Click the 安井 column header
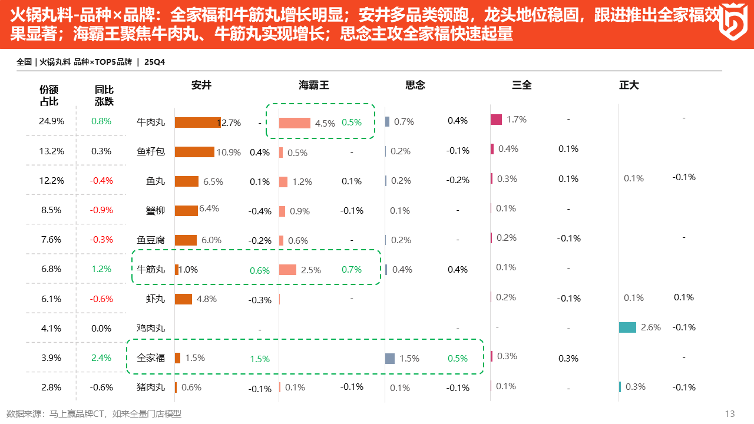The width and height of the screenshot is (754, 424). click(201, 85)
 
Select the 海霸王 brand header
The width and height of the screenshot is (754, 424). click(313, 85)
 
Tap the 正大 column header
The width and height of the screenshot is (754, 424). click(629, 85)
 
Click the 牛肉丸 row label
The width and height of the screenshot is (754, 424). click(151, 122)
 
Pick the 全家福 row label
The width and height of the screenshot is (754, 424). click(151, 357)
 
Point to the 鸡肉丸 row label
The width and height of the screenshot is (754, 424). click(151, 328)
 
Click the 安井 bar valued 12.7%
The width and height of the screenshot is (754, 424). click(197, 122)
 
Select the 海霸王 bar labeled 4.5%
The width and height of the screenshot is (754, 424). click(295, 122)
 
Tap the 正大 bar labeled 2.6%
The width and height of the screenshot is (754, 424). click(627, 327)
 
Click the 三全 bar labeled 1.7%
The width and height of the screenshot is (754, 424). click(496, 120)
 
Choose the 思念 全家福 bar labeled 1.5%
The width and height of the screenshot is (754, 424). click(389, 358)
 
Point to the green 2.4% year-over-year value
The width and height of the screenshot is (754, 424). click(101, 357)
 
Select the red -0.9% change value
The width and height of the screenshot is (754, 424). click(101, 210)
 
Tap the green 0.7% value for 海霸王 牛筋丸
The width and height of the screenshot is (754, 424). click(352, 270)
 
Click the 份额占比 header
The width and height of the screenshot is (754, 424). click(49, 95)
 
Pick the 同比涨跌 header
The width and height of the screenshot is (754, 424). click(104, 95)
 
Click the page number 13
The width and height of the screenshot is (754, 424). click(730, 413)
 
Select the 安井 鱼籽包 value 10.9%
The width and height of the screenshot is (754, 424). click(229, 153)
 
